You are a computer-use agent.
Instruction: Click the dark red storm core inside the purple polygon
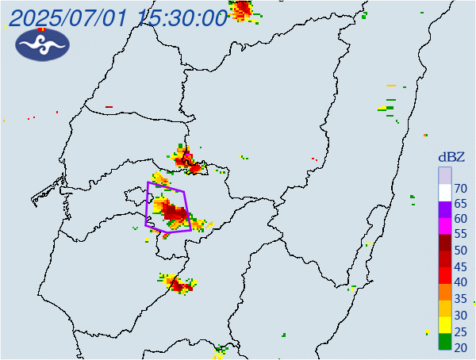(176, 213)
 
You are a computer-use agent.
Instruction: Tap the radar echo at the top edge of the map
(241, 10)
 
